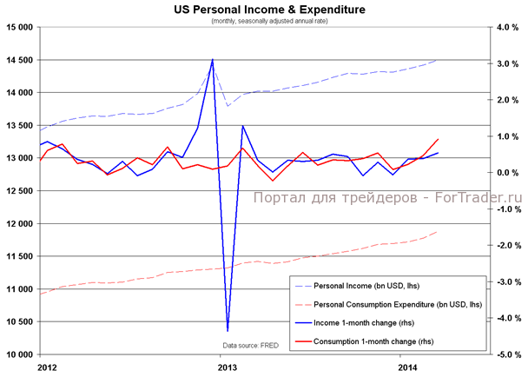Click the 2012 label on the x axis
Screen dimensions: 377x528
click(49, 367)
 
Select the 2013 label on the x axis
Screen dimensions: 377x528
click(228, 367)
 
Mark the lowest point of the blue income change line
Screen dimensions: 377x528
click(228, 331)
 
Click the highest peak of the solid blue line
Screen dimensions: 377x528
click(213, 59)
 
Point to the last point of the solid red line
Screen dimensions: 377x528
click(437, 139)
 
